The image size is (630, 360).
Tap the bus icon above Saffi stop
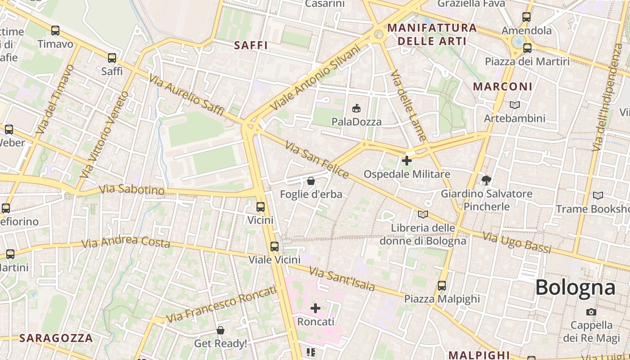coord(112,58)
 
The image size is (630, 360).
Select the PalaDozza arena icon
coord(356,108)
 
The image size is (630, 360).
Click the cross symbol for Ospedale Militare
coord(407,160)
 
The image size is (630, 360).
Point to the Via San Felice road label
coord(317,160)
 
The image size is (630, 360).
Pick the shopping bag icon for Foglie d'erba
coord(310,181)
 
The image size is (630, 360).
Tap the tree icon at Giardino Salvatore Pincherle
coord(486,180)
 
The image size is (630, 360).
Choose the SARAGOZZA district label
coord(57,338)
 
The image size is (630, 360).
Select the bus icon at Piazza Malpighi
coord(442,285)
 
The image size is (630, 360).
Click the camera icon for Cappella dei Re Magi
coord(591,312)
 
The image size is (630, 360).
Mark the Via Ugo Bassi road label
coord(517,243)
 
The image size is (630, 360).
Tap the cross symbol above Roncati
coord(315,308)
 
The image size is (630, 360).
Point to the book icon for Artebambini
coord(515,105)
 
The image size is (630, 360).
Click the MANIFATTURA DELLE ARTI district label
coord(432,34)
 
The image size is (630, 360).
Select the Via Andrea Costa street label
coord(126,242)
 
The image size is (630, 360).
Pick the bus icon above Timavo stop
coord(55,31)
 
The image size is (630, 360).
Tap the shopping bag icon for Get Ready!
coord(220,330)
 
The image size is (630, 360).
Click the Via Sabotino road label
coord(132,189)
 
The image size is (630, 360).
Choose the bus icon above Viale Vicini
coord(274,246)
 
